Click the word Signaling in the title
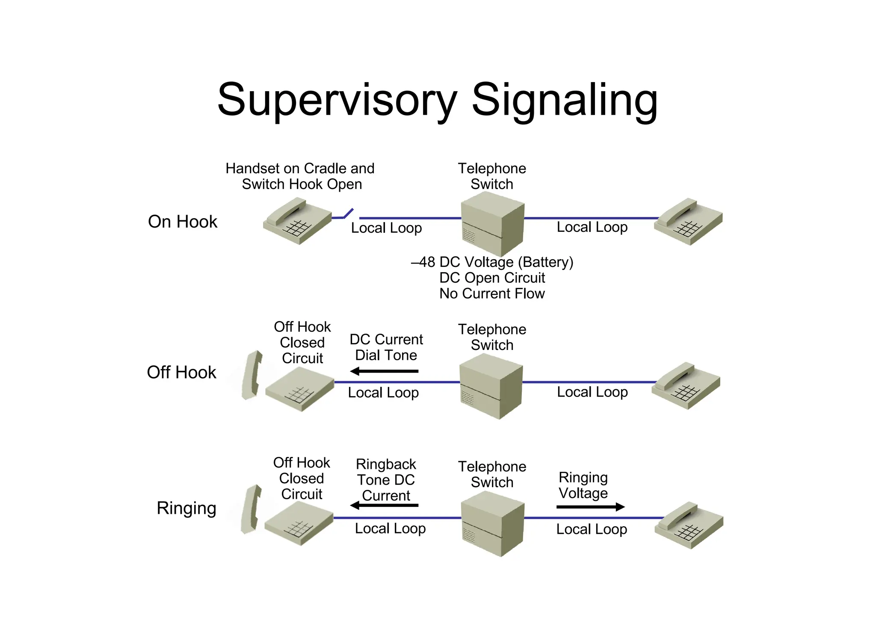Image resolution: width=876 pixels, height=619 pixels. click(564, 100)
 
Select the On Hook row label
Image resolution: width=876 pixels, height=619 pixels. click(183, 222)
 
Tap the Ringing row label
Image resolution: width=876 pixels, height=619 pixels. click(186, 508)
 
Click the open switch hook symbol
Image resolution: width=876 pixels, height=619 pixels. click(347, 214)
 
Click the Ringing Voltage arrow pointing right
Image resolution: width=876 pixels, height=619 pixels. click(590, 507)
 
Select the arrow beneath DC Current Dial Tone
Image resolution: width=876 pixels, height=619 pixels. click(384, 371)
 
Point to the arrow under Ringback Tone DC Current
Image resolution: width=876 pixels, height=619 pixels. click(384, 505)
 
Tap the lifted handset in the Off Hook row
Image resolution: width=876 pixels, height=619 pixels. click(252, 375)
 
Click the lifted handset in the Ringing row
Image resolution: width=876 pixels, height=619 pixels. click(251, 509)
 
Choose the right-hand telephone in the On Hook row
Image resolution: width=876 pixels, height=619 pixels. click(688, 221)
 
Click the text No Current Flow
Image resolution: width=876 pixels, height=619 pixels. click(492, 294)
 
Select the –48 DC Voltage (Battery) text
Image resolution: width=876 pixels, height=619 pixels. click(492, 262)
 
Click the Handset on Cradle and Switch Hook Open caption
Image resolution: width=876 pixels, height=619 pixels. click(300, 176)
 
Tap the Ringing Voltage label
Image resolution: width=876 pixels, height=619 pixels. click(583, 485)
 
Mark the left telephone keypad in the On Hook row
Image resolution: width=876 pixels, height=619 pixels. click(298, 228)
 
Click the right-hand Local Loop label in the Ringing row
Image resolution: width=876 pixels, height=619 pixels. click(592, 529)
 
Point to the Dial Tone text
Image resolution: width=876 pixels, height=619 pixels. click(386, 355)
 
